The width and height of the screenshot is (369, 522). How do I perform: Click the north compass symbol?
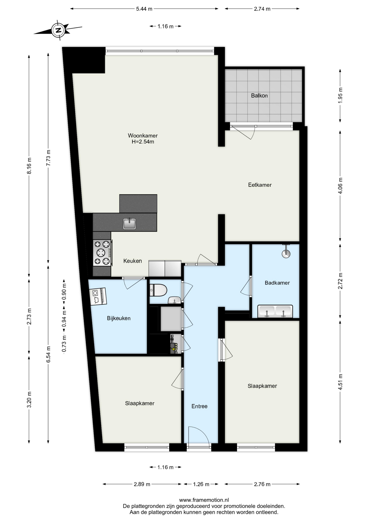58,30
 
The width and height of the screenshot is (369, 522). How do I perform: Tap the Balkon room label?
259,96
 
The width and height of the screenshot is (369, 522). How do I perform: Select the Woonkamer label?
143,135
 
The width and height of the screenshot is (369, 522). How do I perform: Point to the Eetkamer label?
260,185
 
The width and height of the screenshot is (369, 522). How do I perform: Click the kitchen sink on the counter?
129,223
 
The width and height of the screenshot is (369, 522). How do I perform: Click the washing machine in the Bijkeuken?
98,296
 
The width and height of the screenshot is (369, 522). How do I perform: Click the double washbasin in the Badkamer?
275,311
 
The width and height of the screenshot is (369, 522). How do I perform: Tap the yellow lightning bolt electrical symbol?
173,349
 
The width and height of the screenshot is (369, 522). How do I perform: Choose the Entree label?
199,406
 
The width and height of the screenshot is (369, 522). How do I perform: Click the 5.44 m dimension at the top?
144,9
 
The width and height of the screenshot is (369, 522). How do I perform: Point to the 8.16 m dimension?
29,166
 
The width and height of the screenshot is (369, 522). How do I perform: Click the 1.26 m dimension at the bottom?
201,484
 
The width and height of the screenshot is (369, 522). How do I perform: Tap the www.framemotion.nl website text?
204,500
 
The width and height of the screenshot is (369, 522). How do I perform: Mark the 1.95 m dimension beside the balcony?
340,95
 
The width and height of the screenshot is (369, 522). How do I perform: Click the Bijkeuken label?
119,318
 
